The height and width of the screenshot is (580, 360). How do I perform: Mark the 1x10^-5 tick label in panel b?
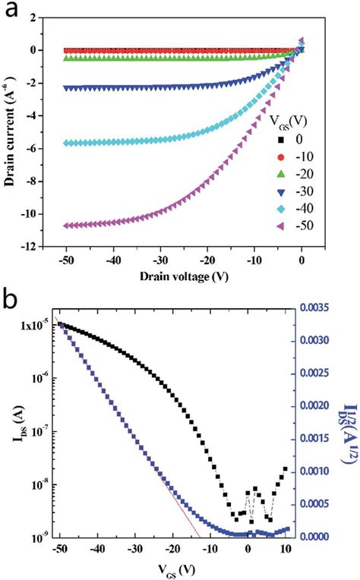(x=39, y=326)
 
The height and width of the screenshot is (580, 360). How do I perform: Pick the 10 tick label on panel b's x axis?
(x=285, y=550)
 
